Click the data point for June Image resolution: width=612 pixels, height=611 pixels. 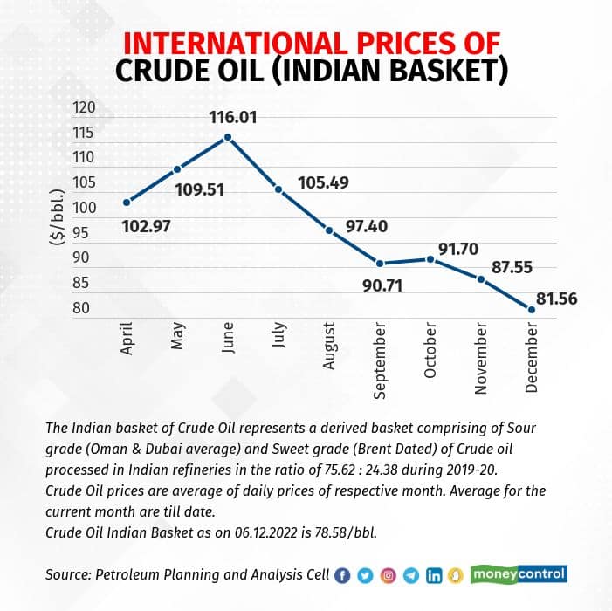pyautogui.click(x=228, y=137)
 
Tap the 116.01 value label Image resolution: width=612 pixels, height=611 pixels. pyautogui.click(x=231, y=117)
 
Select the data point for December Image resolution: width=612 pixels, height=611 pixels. pyautogui.click(x=532, y=308)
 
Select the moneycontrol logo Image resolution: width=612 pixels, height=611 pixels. pyautogui.click(x=519, y=574)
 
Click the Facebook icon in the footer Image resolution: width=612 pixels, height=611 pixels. pyautogui.click(x=342, y=575)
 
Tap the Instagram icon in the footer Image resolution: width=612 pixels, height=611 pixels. pyautogui.click(x=389, y=575)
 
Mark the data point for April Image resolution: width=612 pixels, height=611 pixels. pyautogui.click(x=127, y=202)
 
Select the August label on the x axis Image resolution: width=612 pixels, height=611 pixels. pyautogui.click(x=329, y=346)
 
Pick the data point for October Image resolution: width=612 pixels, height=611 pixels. pyautogui.click(x=430, y=259)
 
